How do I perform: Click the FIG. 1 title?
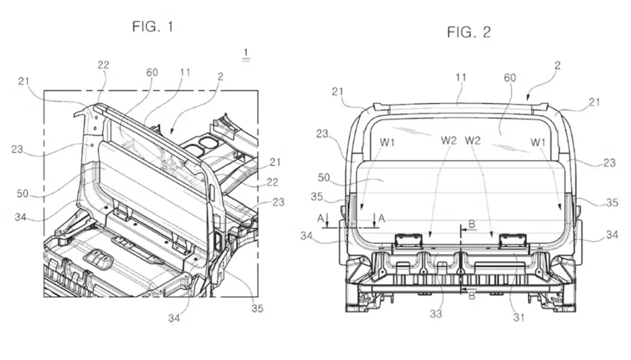[152, 27]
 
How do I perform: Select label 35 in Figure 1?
[257, 309]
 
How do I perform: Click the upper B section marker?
[471, 225]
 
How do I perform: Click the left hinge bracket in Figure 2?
[408, 240]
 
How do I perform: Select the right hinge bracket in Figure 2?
[513, 240]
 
